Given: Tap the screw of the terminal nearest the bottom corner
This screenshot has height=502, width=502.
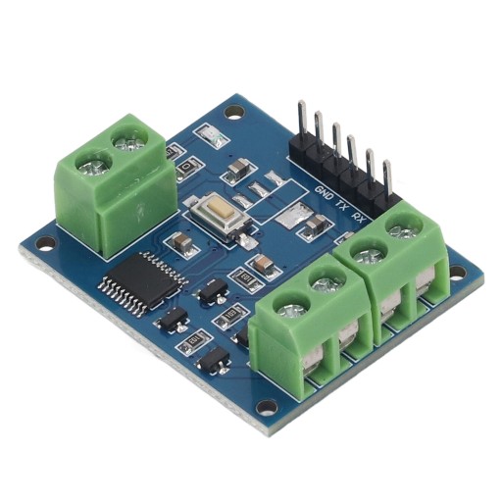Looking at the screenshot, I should [x=292, y=312].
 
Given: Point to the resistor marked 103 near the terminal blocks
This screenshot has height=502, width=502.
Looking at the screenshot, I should [x=232, y=315].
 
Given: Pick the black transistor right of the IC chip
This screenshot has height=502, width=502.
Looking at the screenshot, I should [x=210, y=288].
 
